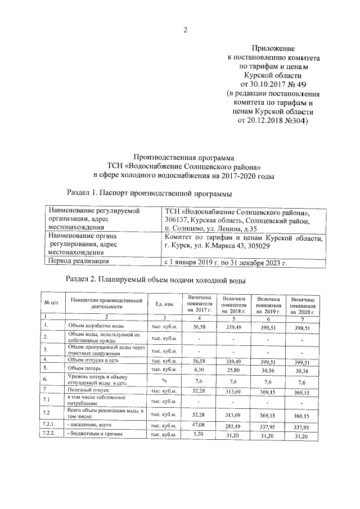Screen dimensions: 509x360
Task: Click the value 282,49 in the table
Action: [233, 426]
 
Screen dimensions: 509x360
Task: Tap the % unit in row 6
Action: [164, 380]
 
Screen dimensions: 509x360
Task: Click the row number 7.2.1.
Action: [49, 425]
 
